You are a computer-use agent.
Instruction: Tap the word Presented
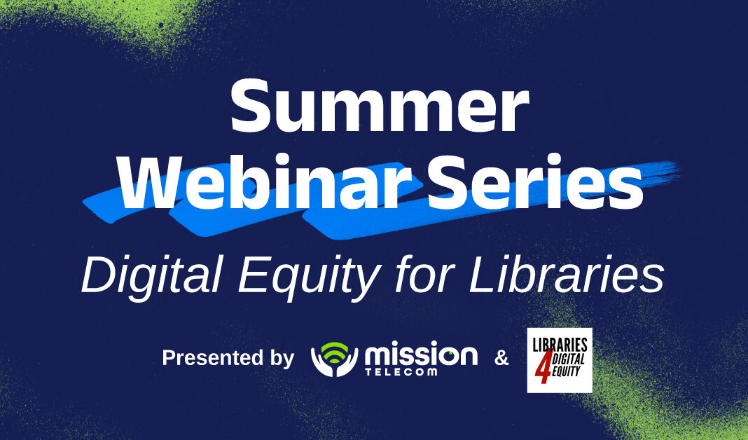click(211, 358)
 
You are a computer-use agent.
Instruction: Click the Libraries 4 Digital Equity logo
click(559, 359)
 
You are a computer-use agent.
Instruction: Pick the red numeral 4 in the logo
click(541, 371)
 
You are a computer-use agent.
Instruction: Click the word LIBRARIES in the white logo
click(560, 344)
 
